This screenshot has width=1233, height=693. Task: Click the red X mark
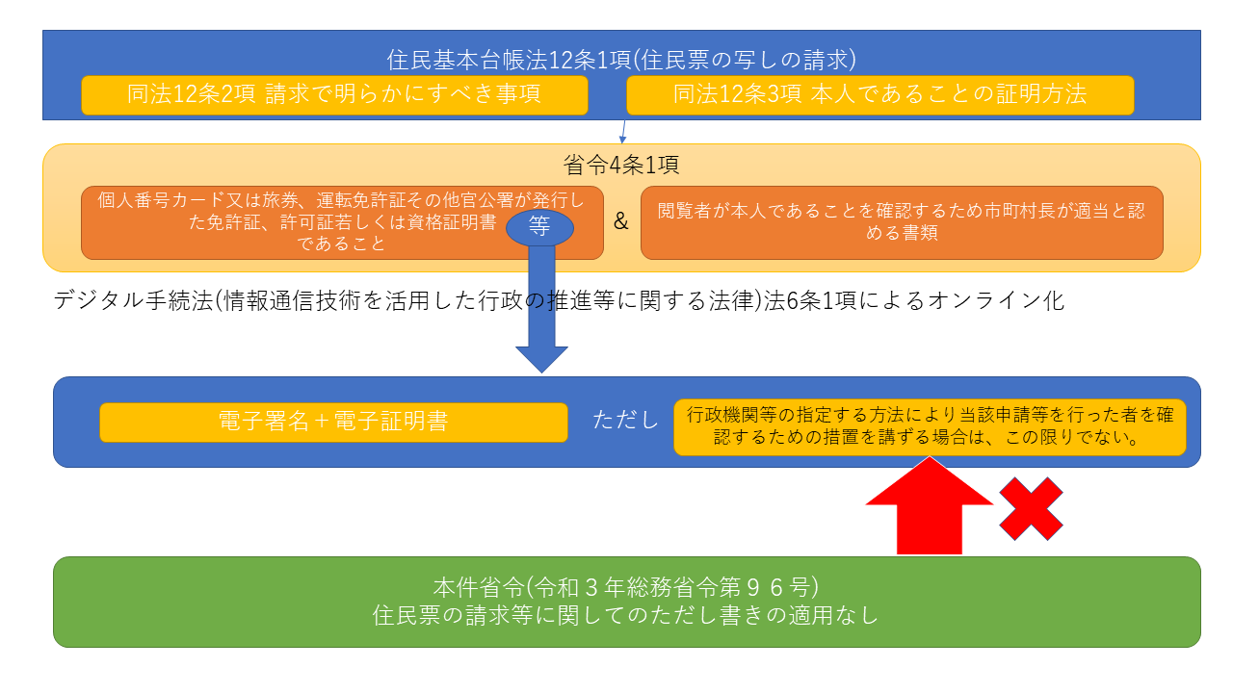click(1031, 508)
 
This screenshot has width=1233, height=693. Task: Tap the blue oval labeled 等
click(539, 229)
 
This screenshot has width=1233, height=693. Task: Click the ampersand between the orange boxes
click(621, 222)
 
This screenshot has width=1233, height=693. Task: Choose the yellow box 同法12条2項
click(334, 94)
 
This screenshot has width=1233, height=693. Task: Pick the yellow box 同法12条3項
click(879, 94)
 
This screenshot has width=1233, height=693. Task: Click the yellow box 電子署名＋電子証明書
click(333, 422)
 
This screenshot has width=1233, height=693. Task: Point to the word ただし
click(626, 422)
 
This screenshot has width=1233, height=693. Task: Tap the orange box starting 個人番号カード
click(308, 222)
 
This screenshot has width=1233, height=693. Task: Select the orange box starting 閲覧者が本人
click(902, 222)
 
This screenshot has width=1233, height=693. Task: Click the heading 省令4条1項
click(621, 166)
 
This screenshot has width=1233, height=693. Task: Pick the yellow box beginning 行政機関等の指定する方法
click(930, 427)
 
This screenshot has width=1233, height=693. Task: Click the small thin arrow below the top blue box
click(623, 132)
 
